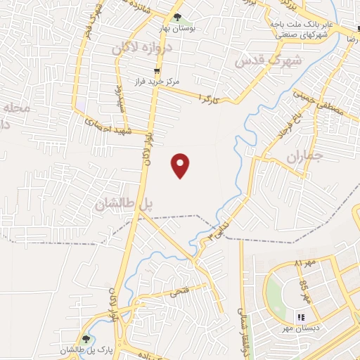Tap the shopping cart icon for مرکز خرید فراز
click(x=157, y=71)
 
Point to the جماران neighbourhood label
click(x=303, y=156)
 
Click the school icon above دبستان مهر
click(x=302, y=318)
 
